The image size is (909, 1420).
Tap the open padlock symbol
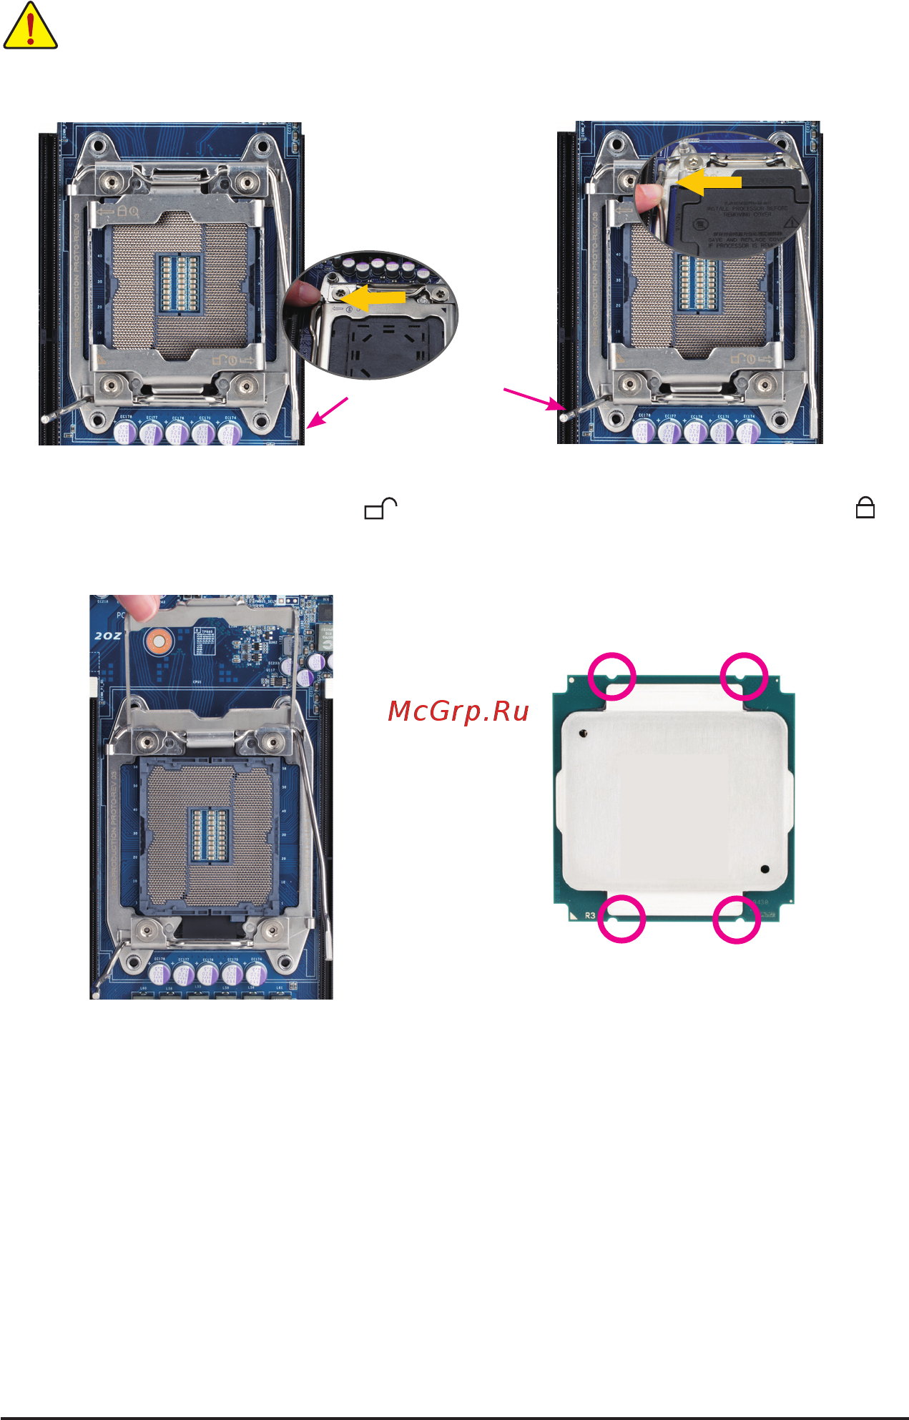pyautogui.click(x=380, y=508)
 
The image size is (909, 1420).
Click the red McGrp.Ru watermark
pyautogui.click(x=458, y=711)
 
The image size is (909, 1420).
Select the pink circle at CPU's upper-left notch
pyautogui.click(x=611, y=676)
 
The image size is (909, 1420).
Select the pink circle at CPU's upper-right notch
pyautogui.click(x=744, y=676)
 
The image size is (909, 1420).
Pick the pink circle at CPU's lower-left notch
pyautogui.click(x=621, y=919)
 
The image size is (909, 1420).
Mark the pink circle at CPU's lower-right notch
pyautogui.click(x=737, y=919)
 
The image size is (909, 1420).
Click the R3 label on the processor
pyautogui.click(x=590, y=915)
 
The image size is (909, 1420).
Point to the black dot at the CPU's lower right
pyautogui.click(x=765, y=869)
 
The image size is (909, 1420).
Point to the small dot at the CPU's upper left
pyautogui.click(x=584, y=733)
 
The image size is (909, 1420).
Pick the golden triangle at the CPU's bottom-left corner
pyautogui.click(x=574, y=914)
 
